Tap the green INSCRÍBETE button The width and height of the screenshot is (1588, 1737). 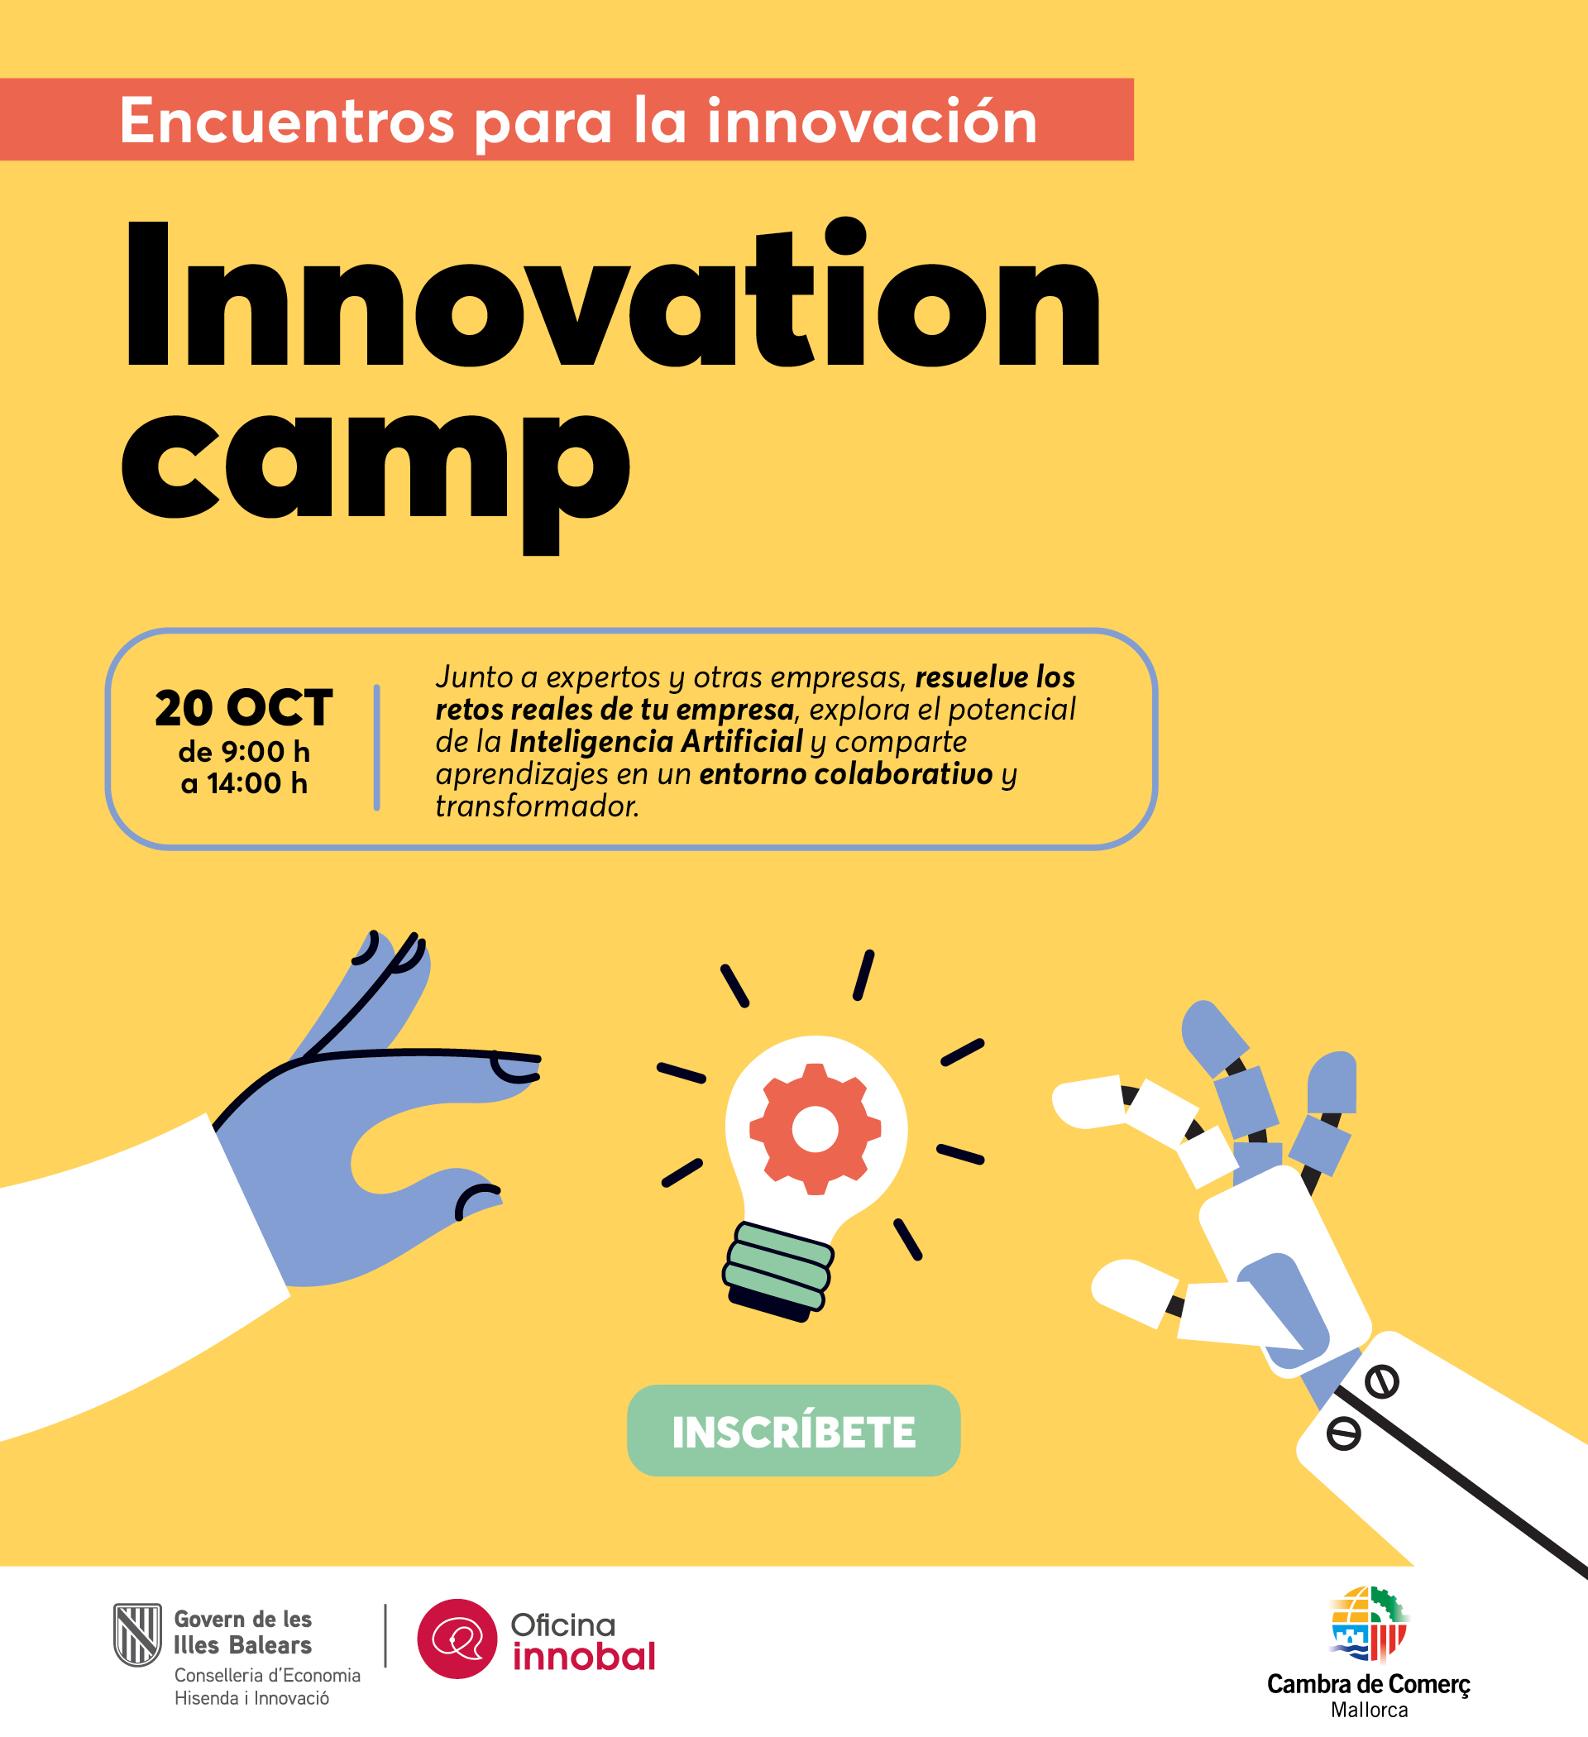coord(793,1431)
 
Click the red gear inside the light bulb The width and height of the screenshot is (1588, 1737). coord(816,1129)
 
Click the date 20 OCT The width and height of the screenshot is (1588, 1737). coord(244,708)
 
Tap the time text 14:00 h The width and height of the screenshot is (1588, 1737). coord(256,783)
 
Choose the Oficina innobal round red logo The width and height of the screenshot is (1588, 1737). coord(457,1639)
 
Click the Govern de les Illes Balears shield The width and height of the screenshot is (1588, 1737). coord(137,1634)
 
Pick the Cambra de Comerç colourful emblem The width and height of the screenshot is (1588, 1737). coord(1368,1625)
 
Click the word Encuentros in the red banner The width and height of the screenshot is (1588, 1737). coord(287,121)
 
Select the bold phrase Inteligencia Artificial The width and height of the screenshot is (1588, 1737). coord(656,742)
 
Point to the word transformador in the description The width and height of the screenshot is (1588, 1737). coord(537,806)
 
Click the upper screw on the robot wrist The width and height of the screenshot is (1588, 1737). coord(1381,1383)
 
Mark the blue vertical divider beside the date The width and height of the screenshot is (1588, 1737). coord(376,747)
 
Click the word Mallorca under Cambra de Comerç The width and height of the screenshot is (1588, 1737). coord(1369,1710)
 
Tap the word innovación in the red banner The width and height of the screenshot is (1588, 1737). coord(872,121)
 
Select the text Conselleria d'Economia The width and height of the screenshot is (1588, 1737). coord(267,1675)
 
